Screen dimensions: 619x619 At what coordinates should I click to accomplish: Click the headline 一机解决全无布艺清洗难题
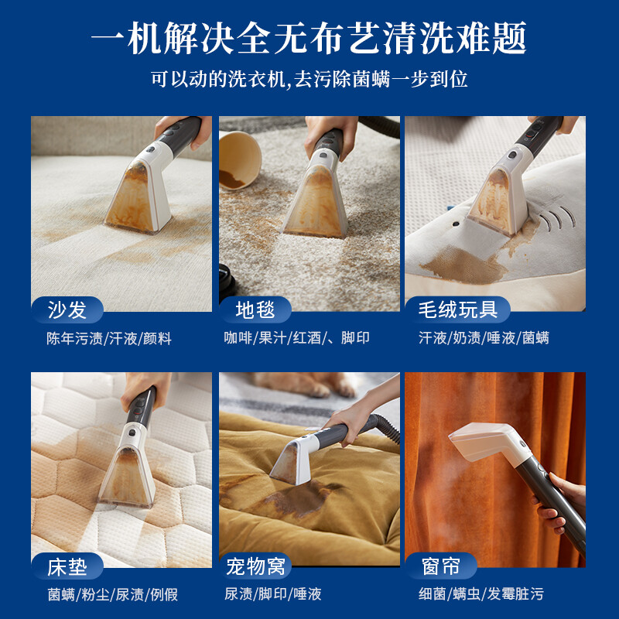coord(309,38)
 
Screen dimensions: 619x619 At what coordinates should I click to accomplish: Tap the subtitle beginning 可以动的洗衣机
coord(309,80)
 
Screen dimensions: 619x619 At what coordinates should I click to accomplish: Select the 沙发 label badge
coord(67,310)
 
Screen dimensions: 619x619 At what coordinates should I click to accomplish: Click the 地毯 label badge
coord(255,310)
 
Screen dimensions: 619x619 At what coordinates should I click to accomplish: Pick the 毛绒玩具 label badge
coord(457,310)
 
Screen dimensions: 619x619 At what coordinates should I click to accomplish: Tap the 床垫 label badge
coord(67,566)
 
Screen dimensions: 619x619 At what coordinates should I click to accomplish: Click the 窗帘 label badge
coord(442,566)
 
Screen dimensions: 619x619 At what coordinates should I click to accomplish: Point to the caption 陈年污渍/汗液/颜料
coord(108,338)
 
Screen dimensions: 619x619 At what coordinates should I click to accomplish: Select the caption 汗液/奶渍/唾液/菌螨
coord(484,338)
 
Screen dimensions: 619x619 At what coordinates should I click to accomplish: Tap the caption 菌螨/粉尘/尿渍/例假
coord(112,594)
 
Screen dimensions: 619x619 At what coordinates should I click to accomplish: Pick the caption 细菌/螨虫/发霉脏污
coord(480,594)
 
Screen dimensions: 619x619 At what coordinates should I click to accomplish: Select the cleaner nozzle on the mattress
coord(128,468)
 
